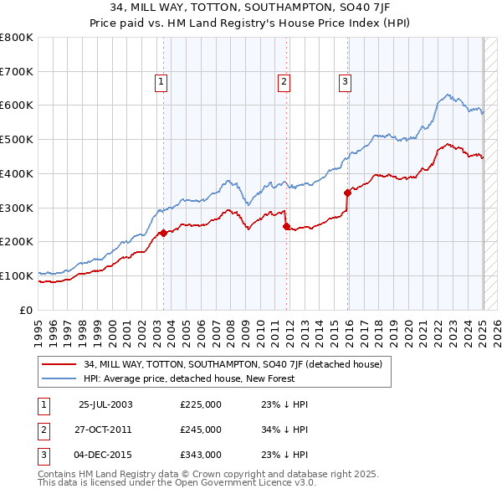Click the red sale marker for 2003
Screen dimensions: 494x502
click(x=164, y=233)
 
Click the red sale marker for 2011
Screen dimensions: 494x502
click(x=286, y=226)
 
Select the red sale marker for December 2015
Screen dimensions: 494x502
click(x=347, y=193)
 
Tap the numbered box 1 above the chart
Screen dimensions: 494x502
click(x=160, y=81)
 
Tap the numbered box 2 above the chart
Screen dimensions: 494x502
click(x=284, y=81)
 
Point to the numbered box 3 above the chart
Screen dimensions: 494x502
click(x=345, y=81)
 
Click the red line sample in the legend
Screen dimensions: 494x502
click(x=59, y=364)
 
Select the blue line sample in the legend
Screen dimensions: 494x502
click(x=59, y=378)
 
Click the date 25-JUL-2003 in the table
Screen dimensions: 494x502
click(x=105, y=405)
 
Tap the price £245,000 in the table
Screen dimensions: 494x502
click(x=201, y=430)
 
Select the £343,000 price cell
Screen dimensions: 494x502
click(x=201, y=454)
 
